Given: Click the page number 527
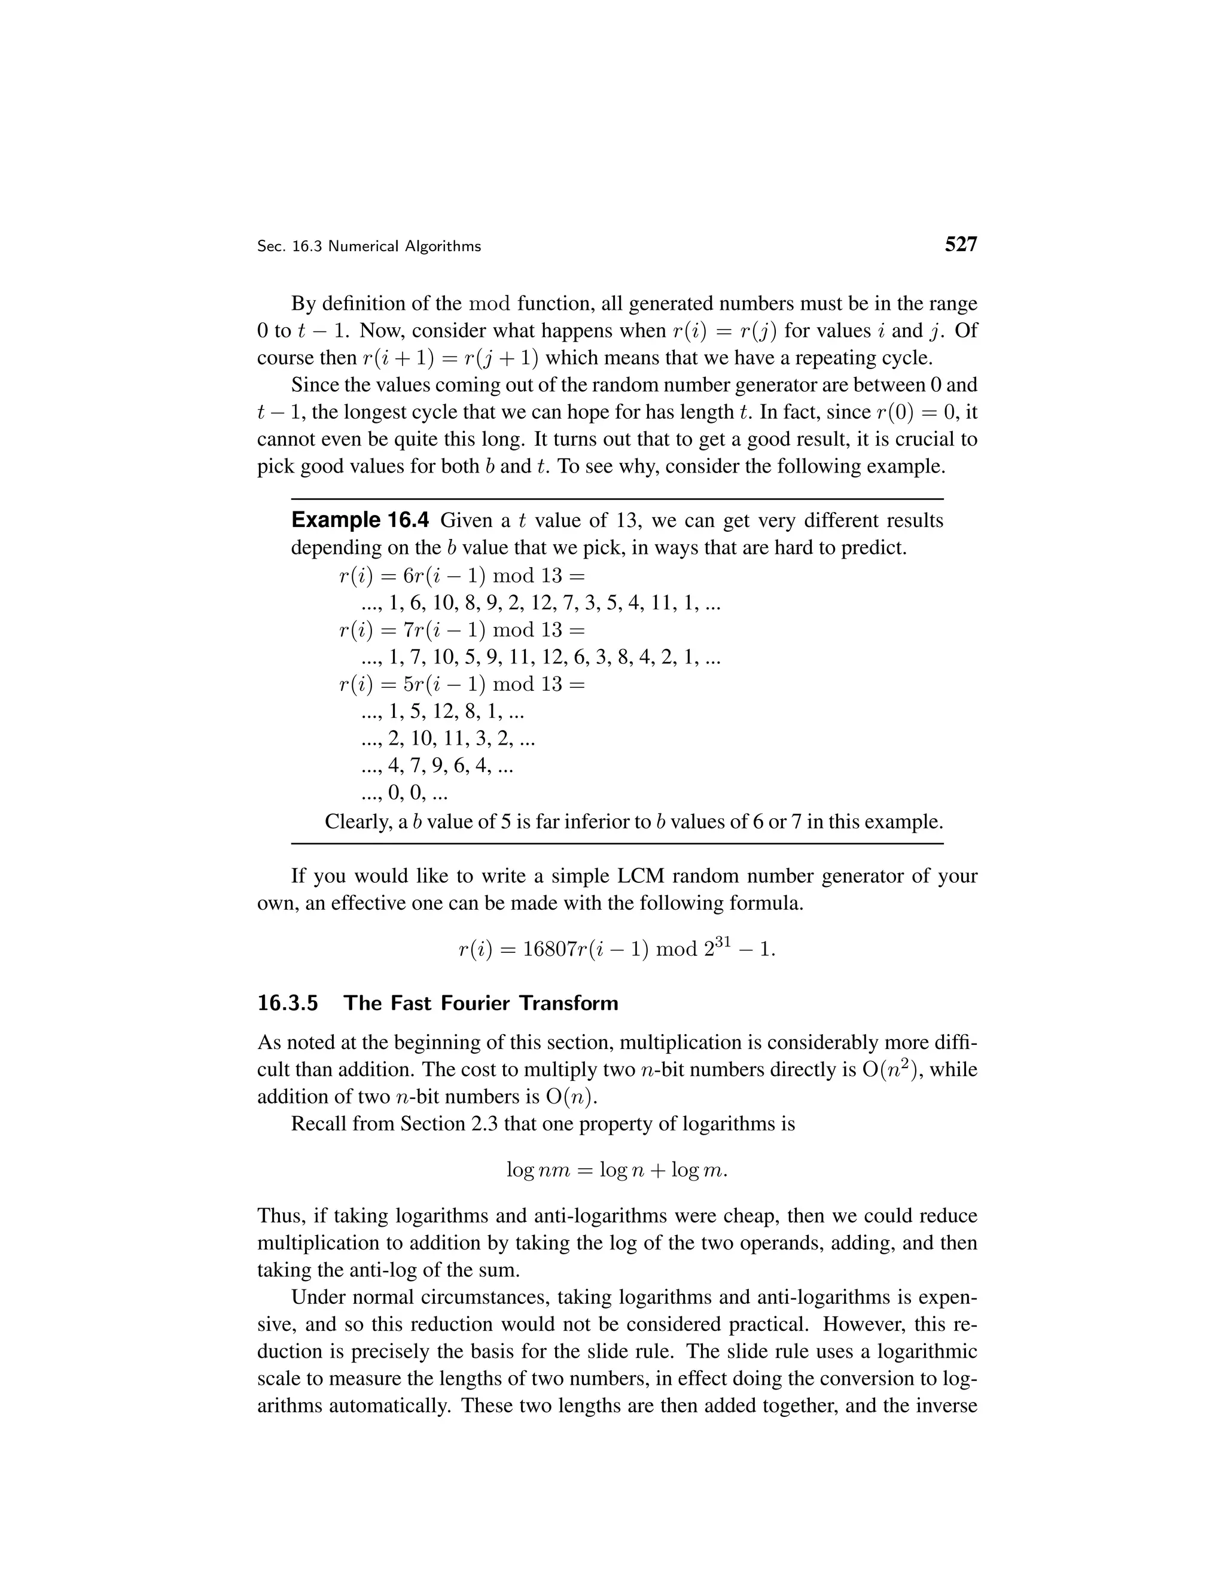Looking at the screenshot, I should [961, 245].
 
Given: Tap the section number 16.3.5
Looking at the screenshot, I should [287, 1004].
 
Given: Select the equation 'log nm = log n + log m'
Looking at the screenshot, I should [616, 1171].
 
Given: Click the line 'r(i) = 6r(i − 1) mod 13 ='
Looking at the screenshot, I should [462, 575].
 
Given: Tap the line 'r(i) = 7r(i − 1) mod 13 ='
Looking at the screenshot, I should [462, 630].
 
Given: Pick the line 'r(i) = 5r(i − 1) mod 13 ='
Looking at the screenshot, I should [462, 684].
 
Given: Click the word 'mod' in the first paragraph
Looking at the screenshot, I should [490, 303].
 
